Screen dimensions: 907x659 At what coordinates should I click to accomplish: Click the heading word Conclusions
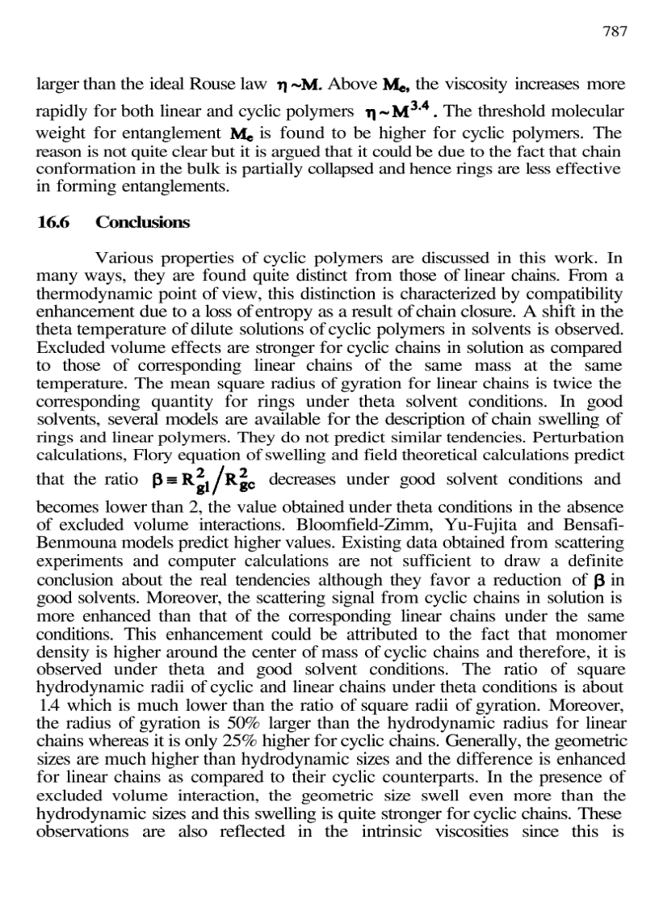(142, 222)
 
